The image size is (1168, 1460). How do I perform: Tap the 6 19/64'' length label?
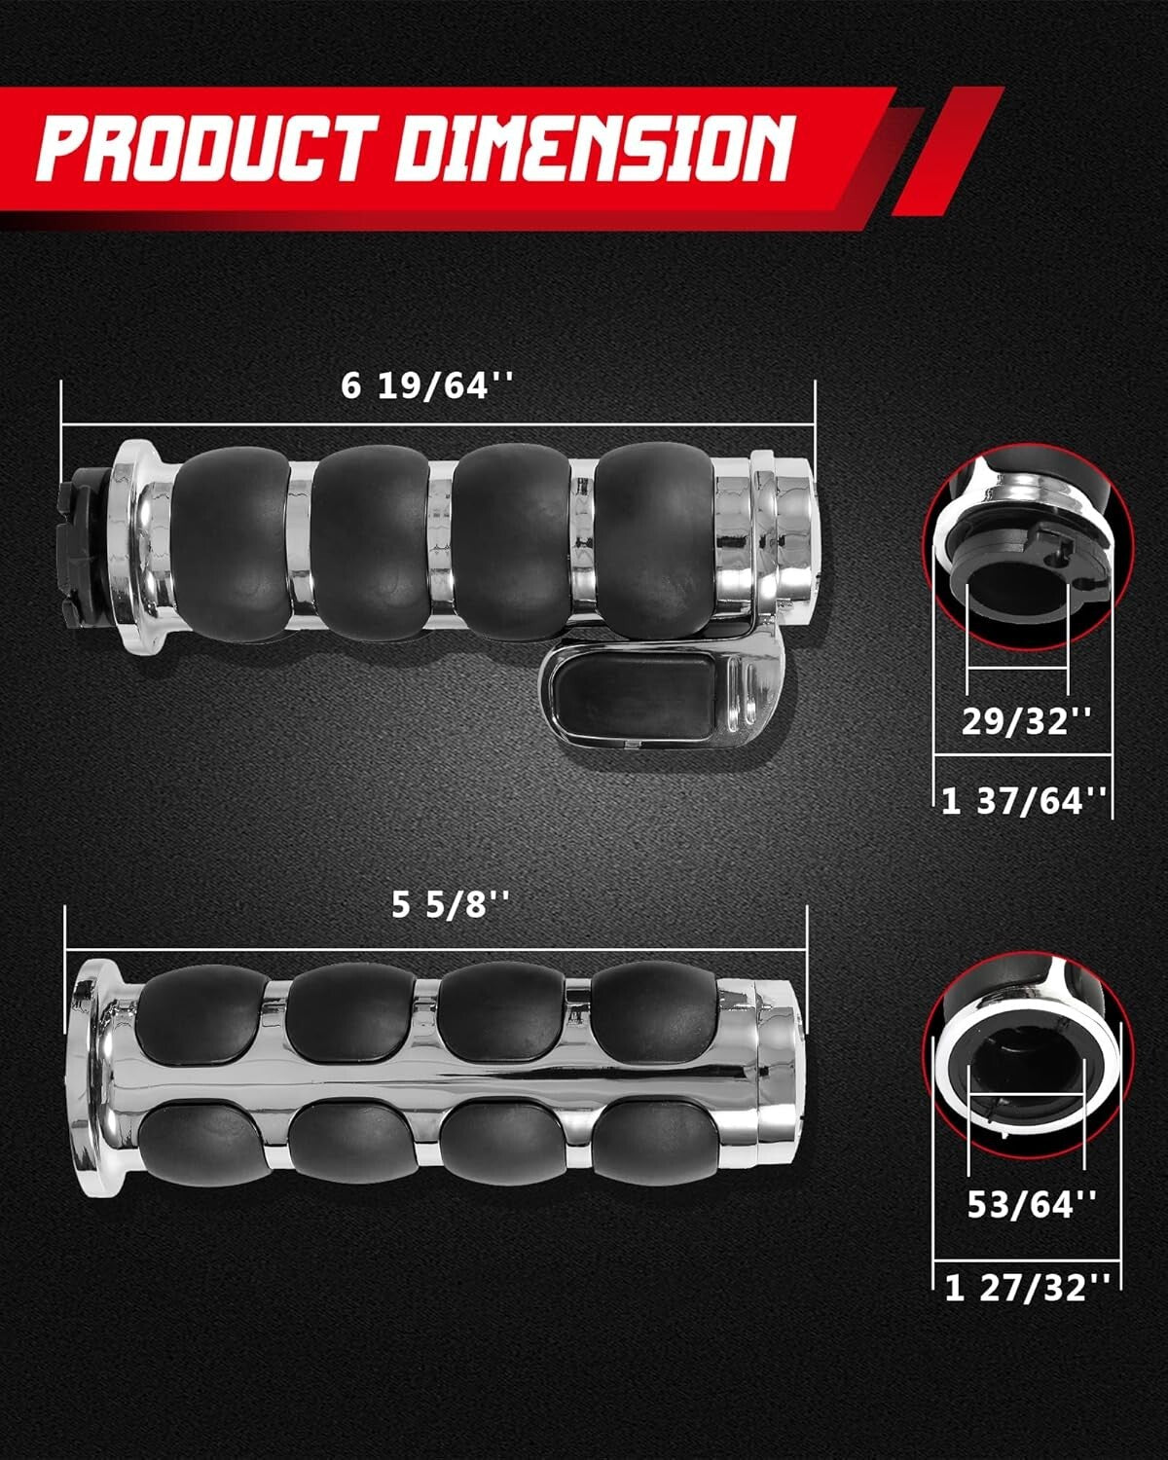coord(425,386)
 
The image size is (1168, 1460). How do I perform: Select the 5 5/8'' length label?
coord(451,905)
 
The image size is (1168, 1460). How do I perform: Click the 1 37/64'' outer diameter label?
coord(1024,800)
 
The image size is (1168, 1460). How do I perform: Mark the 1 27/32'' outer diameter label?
coord(1027,1289)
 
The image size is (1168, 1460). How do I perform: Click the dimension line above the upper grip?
coord(438,425)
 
